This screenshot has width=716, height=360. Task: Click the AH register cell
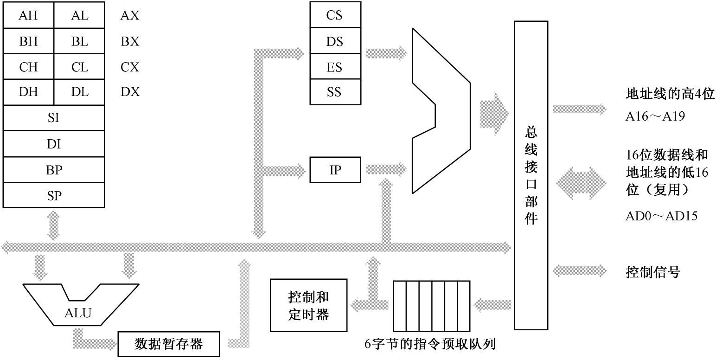click(x=28, y=16)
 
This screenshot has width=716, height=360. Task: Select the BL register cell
click(x=80, y=41)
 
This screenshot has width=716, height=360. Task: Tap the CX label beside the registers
click(x=130, y=67)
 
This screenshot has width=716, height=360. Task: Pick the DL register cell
click(x=80, y=92)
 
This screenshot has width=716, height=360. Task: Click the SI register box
click(x=54, y=118)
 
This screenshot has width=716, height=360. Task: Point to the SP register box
click(x=54, y=195)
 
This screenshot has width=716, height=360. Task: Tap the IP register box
click(x=335, y=170)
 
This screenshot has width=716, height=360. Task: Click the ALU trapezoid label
click(x=77, y=313)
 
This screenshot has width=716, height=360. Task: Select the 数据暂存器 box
click(x=168, y=344)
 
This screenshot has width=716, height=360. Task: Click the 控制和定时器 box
click(x=308, y=305)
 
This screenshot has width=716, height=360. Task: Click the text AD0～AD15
click(x=661, y=216)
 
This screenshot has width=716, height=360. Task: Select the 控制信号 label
click(x=652, y=272)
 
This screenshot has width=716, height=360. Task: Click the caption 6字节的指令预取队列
click(x=430, y=344)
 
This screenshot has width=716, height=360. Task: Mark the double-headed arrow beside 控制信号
click(x=580, y=270)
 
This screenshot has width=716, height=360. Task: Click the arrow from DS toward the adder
click(x=386, y=53)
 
